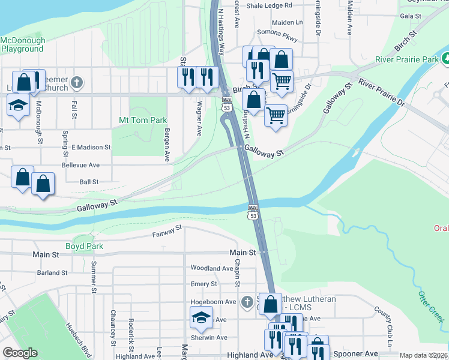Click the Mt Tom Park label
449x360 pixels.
coord(143,120)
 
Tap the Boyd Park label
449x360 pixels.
coord(85,246)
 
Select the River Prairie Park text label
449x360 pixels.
coord(406,59)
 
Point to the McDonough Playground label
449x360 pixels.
coord(23,45)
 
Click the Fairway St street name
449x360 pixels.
coord(167,231)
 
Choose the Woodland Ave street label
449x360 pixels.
coord(211,268)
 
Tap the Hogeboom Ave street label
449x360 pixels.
coord(213,302)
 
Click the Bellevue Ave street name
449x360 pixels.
coord(80,164)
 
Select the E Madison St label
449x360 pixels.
coord(91,147)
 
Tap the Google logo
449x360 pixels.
coord(20,353)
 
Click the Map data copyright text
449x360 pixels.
coord(424,355)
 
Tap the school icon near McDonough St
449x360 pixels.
coord(18,106)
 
